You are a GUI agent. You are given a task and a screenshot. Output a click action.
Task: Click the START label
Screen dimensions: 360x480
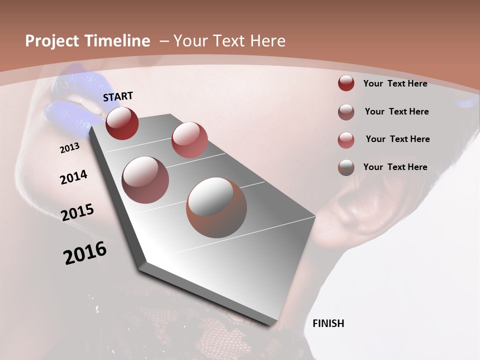(118, 96)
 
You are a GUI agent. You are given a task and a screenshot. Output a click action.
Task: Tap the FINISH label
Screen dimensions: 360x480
(328, 323)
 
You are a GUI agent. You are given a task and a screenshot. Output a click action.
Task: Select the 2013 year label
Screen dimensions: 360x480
(69, 148)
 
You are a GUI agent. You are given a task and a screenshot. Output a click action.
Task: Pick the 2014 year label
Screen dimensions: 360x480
(73, 177)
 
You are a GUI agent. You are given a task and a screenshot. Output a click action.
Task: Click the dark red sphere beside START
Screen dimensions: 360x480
(122, 123)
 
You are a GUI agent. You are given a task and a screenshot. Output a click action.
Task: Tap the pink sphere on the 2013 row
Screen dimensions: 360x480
(189, 140)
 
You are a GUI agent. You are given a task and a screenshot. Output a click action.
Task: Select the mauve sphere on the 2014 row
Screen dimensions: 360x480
(145, 179)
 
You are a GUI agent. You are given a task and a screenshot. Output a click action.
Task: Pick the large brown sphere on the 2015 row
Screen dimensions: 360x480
(216, 207)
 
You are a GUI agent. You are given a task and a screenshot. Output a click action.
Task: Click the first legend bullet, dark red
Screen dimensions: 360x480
(346, 83)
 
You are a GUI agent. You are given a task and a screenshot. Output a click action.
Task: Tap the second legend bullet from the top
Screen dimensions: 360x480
(346, 112)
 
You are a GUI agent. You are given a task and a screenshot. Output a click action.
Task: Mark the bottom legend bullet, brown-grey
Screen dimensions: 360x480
(346, 167)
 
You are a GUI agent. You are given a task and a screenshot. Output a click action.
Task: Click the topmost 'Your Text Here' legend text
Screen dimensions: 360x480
(395, 83)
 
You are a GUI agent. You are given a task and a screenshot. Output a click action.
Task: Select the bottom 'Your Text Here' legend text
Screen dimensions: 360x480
(395, 167)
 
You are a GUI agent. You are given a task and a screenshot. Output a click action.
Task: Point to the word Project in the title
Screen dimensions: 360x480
(52, 41)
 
